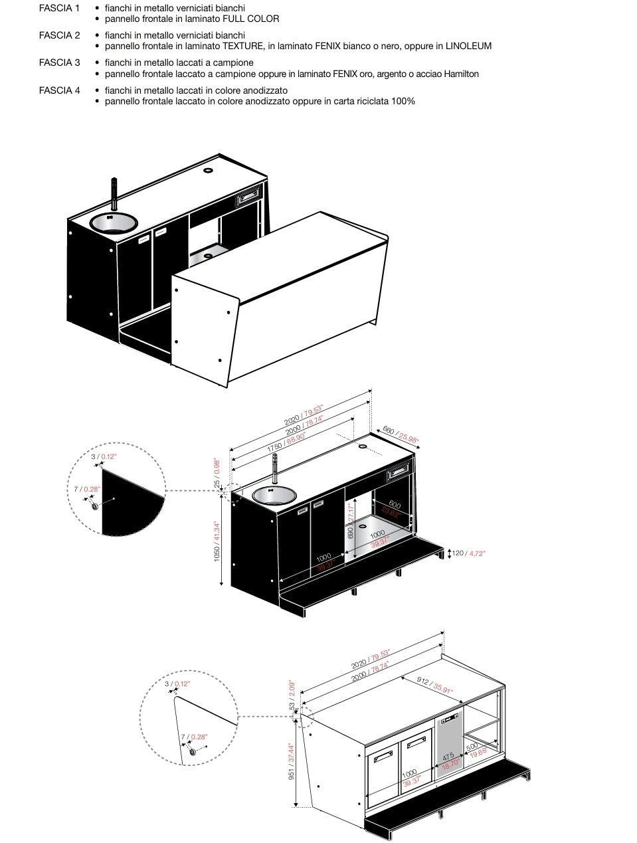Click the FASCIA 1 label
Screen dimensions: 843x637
(59, 9)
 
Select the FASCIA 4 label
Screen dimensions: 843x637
(59, 90)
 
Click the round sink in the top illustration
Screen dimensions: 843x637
(112, 223)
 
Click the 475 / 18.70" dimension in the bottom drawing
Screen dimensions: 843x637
(449, 760)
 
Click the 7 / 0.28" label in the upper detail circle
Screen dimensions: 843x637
(86, 489)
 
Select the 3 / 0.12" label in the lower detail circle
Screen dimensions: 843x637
(177, 683)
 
